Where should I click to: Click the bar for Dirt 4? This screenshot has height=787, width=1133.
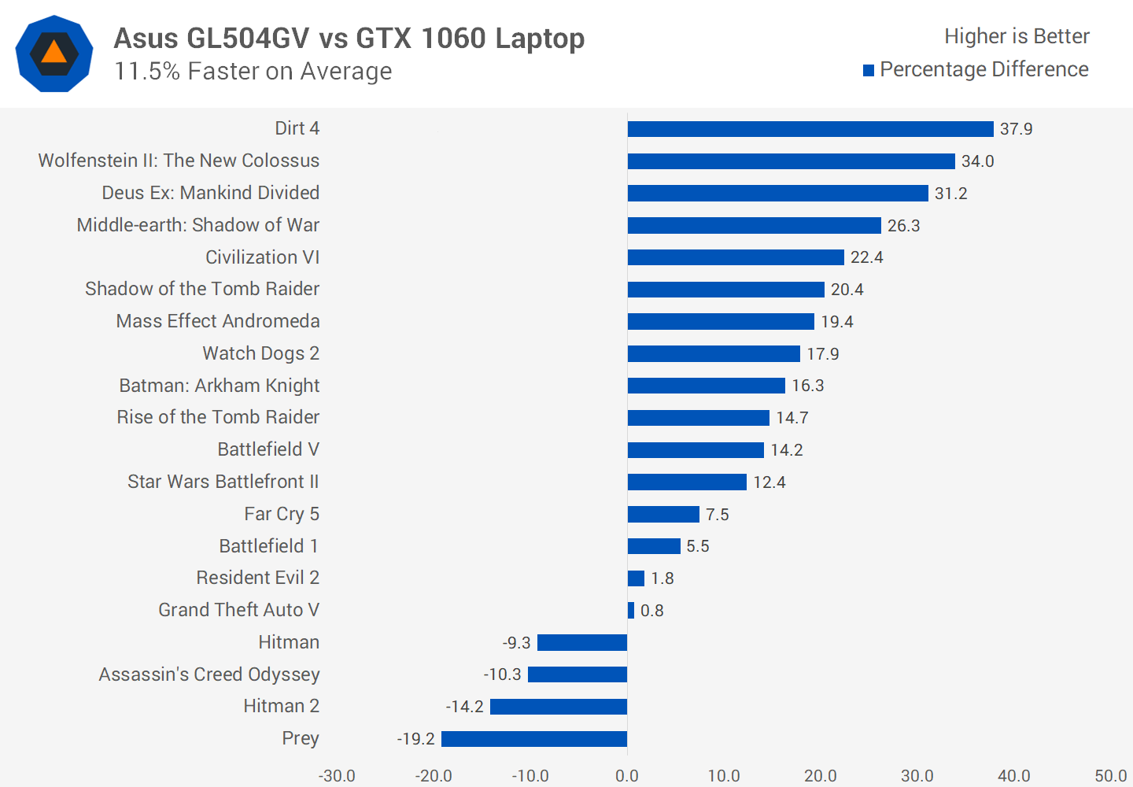[810, 129]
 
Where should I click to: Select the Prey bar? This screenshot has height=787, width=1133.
[534, 739]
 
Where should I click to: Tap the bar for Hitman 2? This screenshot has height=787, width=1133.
[559, 707]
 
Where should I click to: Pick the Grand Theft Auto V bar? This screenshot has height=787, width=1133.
[631, 611]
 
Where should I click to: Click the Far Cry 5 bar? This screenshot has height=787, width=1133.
[663, 515]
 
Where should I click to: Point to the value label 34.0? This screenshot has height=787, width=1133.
[977, 161]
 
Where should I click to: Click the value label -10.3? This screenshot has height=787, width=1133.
[502, 674]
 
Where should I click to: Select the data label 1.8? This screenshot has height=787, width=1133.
[662, 578]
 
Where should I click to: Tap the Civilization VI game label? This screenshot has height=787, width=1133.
[262, 257]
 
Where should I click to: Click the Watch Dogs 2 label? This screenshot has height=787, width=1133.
[260, 353]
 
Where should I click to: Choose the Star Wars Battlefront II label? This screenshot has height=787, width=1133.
[223, 482]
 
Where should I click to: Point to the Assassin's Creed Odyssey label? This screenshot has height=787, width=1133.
[209, 674]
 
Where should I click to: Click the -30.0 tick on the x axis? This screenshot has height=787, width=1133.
[337, 776]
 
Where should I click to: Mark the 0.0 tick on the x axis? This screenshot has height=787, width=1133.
[627, 776]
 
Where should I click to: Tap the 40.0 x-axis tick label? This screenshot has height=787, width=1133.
[1013, 776]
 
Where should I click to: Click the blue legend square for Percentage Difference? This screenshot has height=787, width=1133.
[869, 71]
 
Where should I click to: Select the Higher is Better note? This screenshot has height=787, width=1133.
[1017, 36]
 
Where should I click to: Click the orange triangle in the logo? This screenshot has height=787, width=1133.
[54, 53]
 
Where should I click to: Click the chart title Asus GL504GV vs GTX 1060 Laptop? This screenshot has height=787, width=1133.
[349, 38]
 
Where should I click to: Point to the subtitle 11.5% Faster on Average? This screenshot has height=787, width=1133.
[253, 72]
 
